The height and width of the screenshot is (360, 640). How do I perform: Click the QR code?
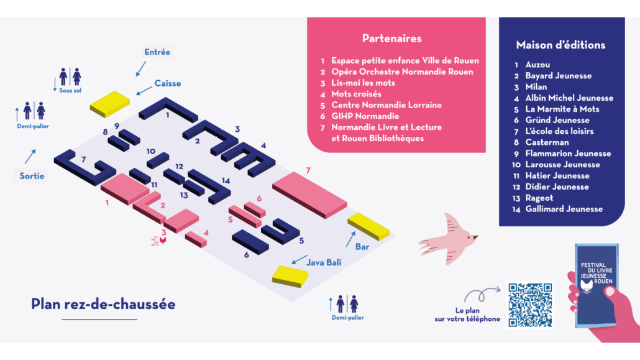pyautogui.click(x=530, y=305)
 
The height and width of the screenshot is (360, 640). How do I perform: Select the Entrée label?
pyautogui.click(x=157, y=52)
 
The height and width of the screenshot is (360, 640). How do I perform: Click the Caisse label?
pyautogui.click(x=168, y=83)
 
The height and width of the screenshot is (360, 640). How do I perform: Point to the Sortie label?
pyautogui.click(x=32, y=176)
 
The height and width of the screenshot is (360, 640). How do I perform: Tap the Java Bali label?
pyautogui.click(x=324, y=262)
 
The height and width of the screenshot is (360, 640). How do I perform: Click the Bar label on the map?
pyautogui.click(x=362, y=247)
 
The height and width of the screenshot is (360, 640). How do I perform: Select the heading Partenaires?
pyautogui.click(x=391, y=39)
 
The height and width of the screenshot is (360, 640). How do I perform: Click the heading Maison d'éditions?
pyautogui.click(x=560, y=45)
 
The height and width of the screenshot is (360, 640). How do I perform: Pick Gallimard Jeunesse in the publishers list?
pyautogui.click(x=564, y=209)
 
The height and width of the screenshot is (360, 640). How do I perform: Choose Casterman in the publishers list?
pyautogui.click(x=547, y=142)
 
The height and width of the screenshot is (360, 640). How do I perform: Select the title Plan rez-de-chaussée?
pyautogui.click(x=103, y=304)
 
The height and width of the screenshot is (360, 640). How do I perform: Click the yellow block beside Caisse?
pyautogui.click(x=110, y=103)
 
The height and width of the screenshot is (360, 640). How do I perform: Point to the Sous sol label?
pyautogui.click(x=70, y=91)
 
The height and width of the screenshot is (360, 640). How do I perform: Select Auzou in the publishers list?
pyautogui.click(x=537, y=65)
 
